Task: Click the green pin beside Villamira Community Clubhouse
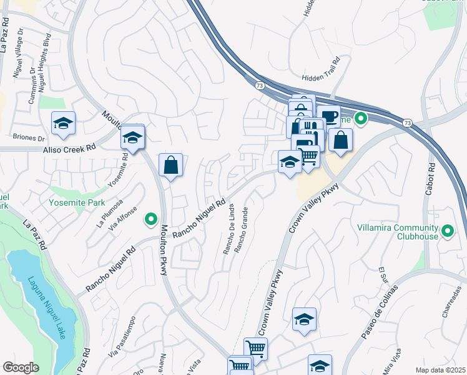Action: pos(447,232)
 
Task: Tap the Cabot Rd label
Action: pos(430,179)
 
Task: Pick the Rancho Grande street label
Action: pos(240,229)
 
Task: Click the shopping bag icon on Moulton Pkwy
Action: pos(170,166)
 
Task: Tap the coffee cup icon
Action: pos(328,117)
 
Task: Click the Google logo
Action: pos(21,367)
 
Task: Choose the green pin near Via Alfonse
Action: pos(150,219)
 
